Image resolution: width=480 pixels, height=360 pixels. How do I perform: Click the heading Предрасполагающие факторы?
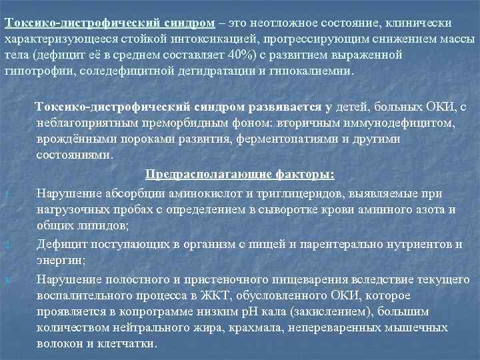pyautogui.click(x=240, y=175)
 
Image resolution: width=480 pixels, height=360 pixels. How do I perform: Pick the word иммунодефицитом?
pyautogui.click(x=395, y=123)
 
